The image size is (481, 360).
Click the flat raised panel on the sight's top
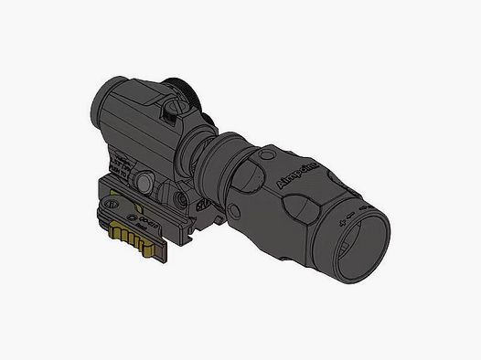point(137,101)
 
